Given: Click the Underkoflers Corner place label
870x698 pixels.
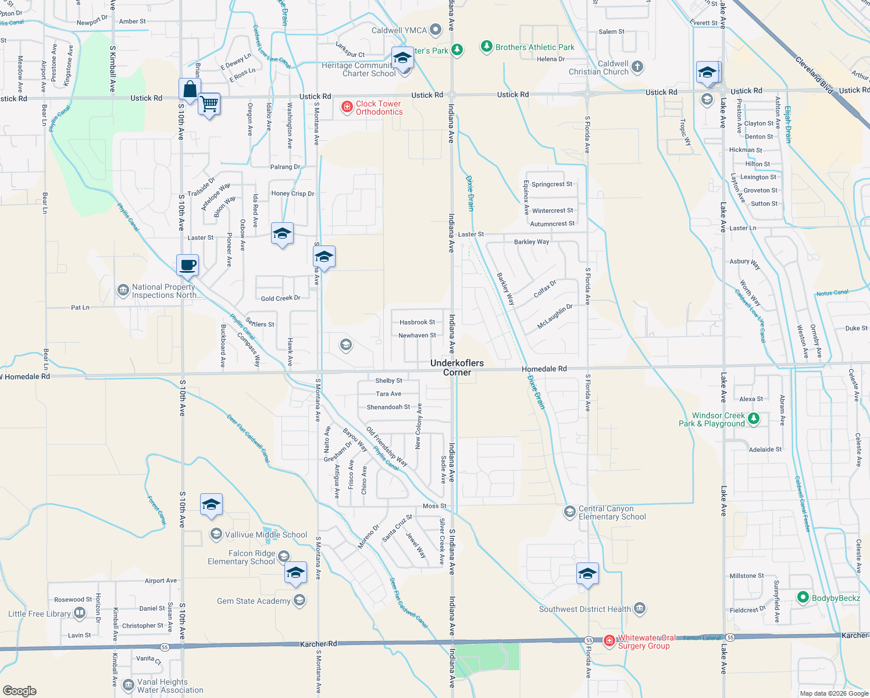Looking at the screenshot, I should (x=457, y=368).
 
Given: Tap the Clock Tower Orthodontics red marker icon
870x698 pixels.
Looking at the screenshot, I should (x=347, y=107).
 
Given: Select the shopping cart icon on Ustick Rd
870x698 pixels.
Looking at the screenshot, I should (x=209, y=104).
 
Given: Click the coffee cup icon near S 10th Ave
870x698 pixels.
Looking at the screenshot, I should (x=188, y=265).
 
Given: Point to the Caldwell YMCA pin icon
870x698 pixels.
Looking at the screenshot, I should (x=436, y=30).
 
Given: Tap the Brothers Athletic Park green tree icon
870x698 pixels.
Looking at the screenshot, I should (x=487, y=47).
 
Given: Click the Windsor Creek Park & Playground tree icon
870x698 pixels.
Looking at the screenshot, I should (x=754, y=419).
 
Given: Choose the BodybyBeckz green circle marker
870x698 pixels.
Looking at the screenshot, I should (x=803, y=597).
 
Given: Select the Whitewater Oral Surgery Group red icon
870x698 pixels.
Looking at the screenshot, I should (x=609, y=641).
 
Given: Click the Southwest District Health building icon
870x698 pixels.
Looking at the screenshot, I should (x=640, y=609).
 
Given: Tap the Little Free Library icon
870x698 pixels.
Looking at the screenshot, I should (x=80, y=613).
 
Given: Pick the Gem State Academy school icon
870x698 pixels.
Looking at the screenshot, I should (x=299, y=600).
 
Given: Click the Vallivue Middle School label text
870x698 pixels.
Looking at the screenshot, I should (x=266, y=535).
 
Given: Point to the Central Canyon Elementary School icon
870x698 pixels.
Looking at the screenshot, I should (x=570, y=512).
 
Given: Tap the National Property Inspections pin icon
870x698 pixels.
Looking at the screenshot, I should (x=123, y=290).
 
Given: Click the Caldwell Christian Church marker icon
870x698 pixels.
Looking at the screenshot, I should (x=637, y=67).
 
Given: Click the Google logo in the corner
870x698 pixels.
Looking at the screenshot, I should (x=20, y=690).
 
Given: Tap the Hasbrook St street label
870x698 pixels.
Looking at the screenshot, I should (x=417, y=322).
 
